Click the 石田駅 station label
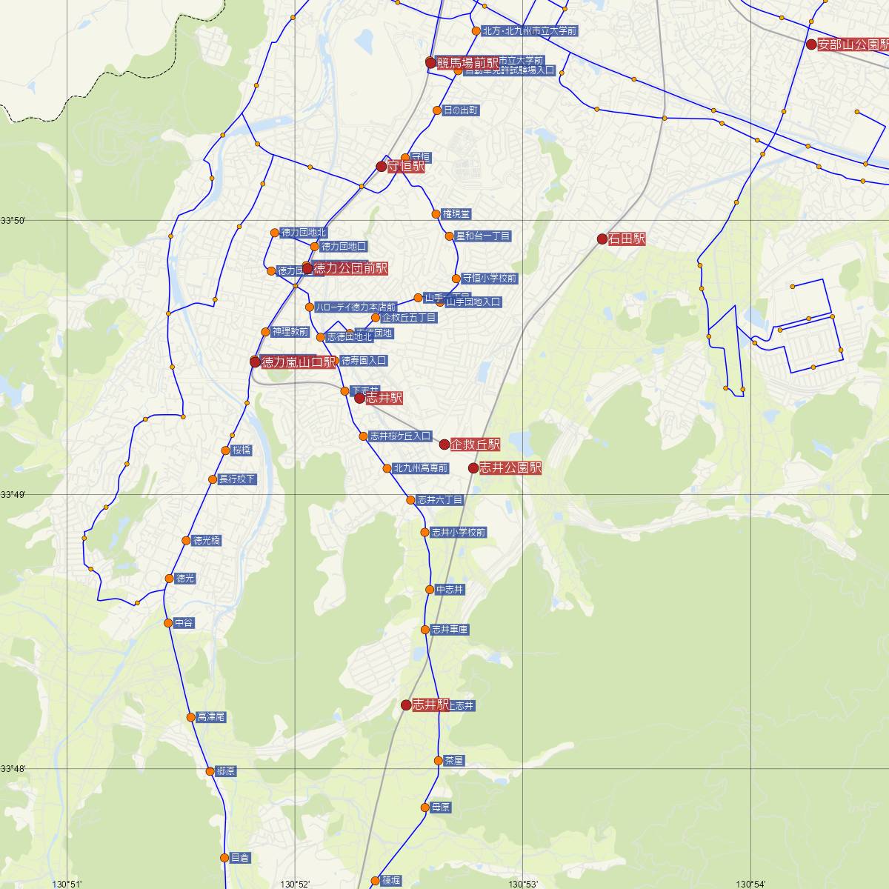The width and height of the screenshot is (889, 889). [x=627, y=239]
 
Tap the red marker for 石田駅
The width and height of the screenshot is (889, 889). [x=602, y=239]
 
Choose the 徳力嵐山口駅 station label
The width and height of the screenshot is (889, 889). [x=299, y=362]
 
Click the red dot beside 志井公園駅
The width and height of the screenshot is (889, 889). [x=473, y=468]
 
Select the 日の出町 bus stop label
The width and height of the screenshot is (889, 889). [x=461, y=110]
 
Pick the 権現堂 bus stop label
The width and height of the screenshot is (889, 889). [x=456, y=214]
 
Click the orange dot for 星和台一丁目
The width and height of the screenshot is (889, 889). [x=449, y=236]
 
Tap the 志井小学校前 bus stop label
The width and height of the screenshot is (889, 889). [x=459, y=533]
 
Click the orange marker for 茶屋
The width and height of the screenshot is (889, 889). [x=439, y=761]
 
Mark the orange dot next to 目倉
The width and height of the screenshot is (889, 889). [x=224, y=858]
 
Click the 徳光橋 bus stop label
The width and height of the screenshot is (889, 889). [x=206, y=541]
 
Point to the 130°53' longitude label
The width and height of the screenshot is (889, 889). [x=523, y=884]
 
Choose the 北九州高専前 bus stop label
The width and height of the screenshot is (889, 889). [x=421, y=468]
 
